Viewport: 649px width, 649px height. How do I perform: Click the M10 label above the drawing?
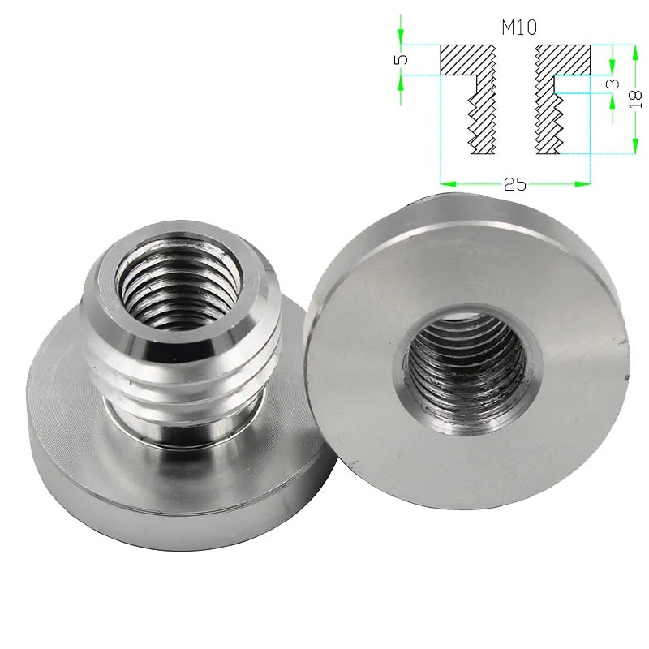coord(519,28)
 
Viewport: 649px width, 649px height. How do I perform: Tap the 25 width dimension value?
coord(515,184)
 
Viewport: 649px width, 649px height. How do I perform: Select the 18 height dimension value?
coord(635,99)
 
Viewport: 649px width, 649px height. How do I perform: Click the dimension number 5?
coord(401,60)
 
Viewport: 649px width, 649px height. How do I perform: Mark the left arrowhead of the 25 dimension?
coord(449,183)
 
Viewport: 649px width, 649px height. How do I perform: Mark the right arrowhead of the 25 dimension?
coord(582,183)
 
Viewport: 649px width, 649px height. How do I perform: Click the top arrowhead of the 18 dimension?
coord(635,52)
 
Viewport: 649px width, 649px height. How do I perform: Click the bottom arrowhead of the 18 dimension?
coord(635,146)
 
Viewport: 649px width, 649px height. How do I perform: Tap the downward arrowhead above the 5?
coord(401,37)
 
